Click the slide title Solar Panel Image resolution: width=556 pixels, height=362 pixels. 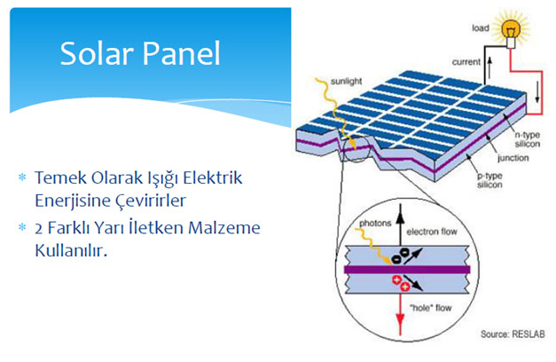(x=140, y=53)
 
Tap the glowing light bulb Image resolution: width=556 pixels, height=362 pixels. (x=511, y=31)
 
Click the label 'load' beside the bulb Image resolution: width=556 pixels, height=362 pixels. (x=481, y=28)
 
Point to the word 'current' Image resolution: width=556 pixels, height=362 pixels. (x=466, y=62)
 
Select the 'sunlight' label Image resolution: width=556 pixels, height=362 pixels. (x=346, y=82)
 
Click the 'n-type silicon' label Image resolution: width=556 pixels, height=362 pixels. (x=528, y=139)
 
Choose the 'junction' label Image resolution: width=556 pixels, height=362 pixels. (x=513, y=158)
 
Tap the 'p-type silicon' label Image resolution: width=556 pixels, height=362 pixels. (x=489, y=180)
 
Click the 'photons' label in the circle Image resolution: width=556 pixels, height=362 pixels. (x=375, y=224)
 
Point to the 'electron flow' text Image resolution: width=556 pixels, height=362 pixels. (x=432, y=232)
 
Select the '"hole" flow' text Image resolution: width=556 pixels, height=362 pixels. (x=430, y=308)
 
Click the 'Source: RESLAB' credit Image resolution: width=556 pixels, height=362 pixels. (x=513, y=334)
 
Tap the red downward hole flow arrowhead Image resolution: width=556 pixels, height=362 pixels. (x=400, y=321)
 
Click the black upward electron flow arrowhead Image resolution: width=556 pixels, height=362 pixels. (x=400, y=211)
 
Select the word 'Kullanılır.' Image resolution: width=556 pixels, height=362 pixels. (x=71, y=250)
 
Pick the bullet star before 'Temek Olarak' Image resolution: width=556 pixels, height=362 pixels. (x=22, y=177)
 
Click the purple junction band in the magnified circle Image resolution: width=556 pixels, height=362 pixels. (x=407, y=270)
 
